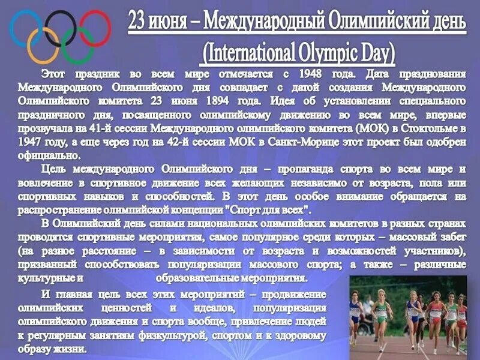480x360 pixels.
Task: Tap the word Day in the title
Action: (x=373, y=53)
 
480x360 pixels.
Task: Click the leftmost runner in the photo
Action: (x=355, y=315)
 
